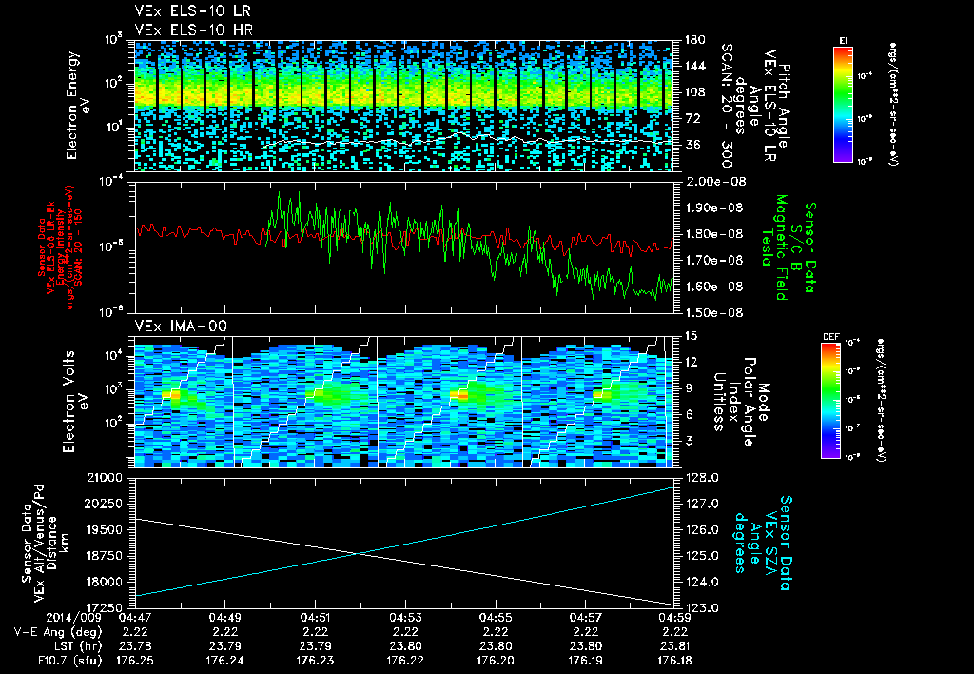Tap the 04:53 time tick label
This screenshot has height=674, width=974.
click(405, 618)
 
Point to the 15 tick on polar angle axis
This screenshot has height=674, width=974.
click(684, 335)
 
